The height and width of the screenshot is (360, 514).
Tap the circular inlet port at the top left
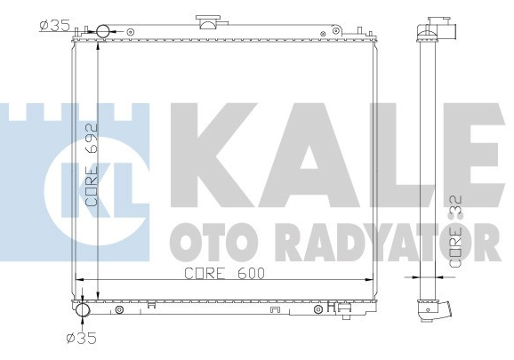click(102, 32)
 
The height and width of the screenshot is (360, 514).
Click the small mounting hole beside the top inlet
click(131, 32)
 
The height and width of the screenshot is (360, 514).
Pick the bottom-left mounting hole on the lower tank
click(119, 311)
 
